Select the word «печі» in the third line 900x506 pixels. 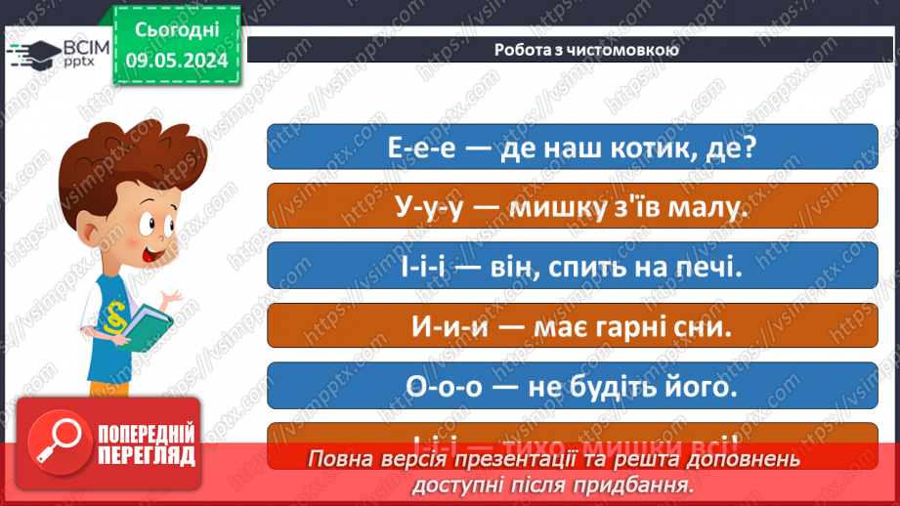(699, 268)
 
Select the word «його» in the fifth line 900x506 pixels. (701, 386)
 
